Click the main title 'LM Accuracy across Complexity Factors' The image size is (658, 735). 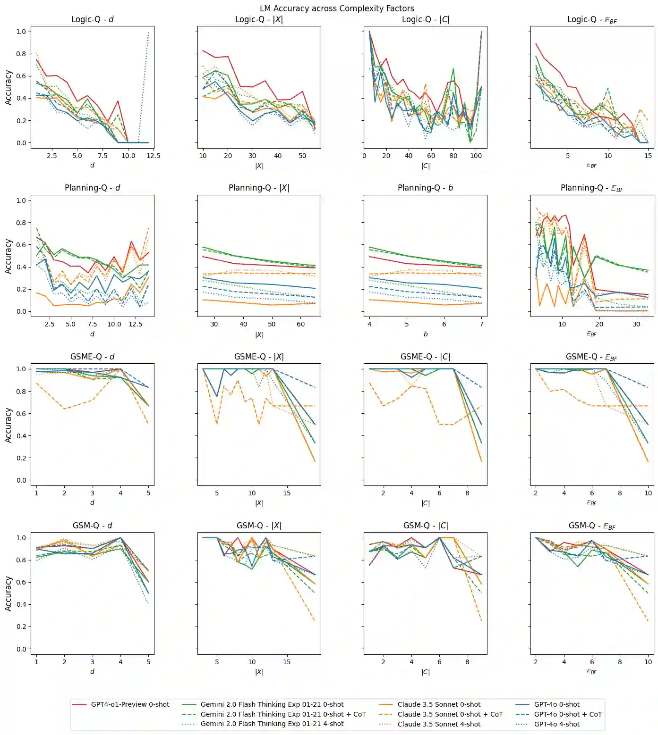click(x=337, y=8)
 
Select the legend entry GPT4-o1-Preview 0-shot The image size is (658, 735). click(x=130, y=704)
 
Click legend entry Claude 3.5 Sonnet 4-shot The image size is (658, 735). click(x=439, y=724)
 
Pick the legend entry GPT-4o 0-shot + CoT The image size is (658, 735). click(x=568, y=714)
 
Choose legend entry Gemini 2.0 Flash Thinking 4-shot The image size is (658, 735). click(x=272, y=724)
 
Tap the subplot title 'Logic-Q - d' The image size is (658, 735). click(x=92, y=19)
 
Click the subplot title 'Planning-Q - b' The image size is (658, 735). click(x=425, y=188)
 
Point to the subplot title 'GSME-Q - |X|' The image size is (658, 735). click(x=259, y=357)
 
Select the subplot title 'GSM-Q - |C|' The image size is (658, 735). click(x=425, y=526)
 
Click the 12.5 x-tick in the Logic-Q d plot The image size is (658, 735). click(x=154, y=156)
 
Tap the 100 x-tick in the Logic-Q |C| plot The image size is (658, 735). click(x=476, y=156)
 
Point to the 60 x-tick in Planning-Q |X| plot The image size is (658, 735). click(x=301, y=324)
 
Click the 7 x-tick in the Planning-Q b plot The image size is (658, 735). click(x=481, y=324)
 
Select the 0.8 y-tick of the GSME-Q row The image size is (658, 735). click(x=21, y=391)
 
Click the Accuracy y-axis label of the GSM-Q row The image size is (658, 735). click(x=8, y=593)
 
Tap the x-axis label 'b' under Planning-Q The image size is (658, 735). click(x=425, y=334)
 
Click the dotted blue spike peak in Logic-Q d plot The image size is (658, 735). click(x=148, y=32)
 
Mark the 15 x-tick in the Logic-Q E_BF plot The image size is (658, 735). click(x=648, y=156)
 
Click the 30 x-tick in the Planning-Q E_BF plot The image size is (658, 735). click(x=636, y=324)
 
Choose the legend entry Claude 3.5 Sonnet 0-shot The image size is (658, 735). click(x=439, y=704)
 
